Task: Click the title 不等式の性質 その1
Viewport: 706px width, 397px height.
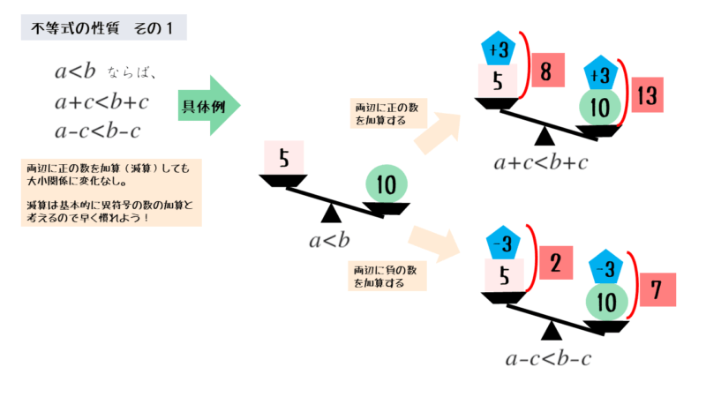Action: coord(102,28)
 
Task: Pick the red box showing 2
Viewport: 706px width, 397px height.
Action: coord(553,263)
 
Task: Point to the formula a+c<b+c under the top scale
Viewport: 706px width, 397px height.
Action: coord(541,162)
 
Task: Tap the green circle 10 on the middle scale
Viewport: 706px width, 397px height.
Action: coord(386,184)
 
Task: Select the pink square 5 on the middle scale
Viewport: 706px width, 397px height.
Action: coord(283,159)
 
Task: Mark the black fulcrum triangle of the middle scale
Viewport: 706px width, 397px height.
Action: coord(332,213)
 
